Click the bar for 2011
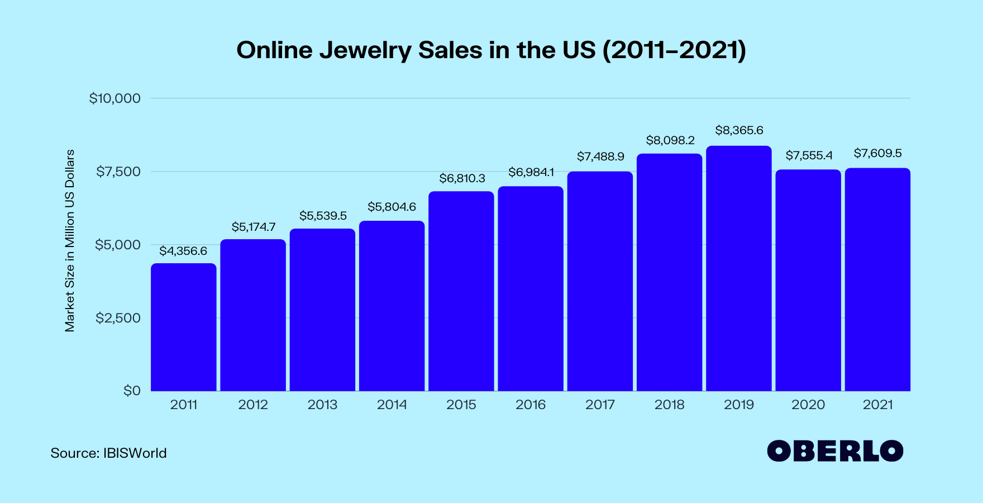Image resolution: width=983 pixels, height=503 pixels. pyautogui.click(x=184, y=327)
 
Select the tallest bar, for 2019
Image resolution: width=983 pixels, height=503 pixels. pyautogui.click(x=739, y=268)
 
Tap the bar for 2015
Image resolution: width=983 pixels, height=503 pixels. pyautogui.click(x=461, y=291)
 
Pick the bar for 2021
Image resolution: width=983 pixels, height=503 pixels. pyautogui.click(x=877, y=279)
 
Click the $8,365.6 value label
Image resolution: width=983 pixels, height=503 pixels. pyautogui.click(x=739, y=130)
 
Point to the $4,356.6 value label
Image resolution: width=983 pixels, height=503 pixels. pyautogui.click(x=183, y=251)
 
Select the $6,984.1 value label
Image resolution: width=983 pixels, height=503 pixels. pyautogui.click(x=531, y=172)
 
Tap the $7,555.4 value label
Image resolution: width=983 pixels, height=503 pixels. pyautogui.click(x=809, y=155)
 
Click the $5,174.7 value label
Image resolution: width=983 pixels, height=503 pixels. pyautogui.click(x=254, y=227)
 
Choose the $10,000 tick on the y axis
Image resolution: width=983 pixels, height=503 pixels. pyautogui.click(x=114, y=98)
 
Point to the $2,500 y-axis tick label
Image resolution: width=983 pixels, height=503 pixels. pyautogui.click(x=118, y=318)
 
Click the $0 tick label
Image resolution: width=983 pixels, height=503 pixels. pyautogui.click(x=132, y=390)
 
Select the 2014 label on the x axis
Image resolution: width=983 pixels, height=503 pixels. pyautogui.click(x=392, y=405)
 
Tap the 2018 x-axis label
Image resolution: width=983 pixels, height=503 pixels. pyautogui.click(x=669, y=405)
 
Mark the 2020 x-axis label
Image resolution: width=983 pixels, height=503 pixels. pyautogui.click(x=808, y=405)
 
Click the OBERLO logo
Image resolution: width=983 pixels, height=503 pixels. pyautogui.click(x=835, y=451)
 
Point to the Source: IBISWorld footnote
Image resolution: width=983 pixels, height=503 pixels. pyautogui.click(x=108, y=453)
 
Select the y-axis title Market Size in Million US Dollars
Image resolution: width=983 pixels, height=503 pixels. pyautogui.click(x=70, y=241)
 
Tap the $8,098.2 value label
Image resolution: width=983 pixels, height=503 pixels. pyautogui.click(x=670, y=140)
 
